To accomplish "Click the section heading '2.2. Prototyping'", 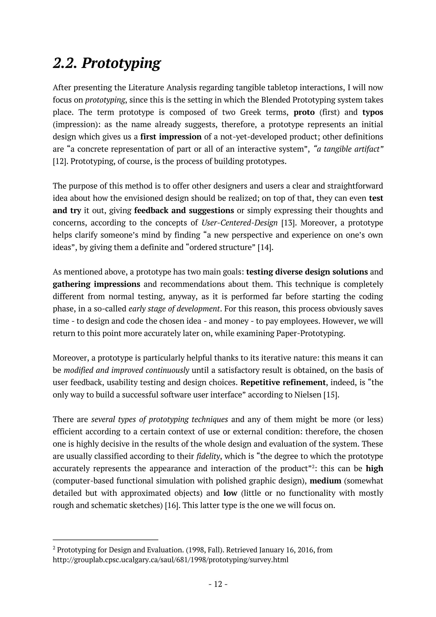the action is [x=107, y=63].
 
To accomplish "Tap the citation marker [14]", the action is [x=265, y=247].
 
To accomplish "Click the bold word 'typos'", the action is [x=372, y=112].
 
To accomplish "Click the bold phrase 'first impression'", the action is [x=171, y=137].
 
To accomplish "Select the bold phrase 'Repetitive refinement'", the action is [x=283, y=382].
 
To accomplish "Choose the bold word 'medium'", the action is [x=325, y=481].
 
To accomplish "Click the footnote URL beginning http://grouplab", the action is [x=171, y=560].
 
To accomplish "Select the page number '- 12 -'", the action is [x=218, y=584].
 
